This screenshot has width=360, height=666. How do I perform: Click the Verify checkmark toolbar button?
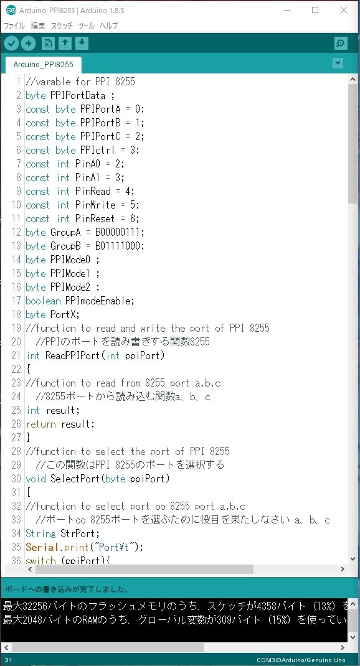11,43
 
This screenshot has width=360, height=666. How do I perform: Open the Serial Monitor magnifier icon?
341,43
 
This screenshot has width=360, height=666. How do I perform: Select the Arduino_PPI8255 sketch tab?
44,65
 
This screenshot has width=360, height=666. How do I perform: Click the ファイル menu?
14,26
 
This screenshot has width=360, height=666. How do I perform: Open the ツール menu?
87,26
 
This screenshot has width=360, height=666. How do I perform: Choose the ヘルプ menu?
109,26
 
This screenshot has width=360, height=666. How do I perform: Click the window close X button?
344,10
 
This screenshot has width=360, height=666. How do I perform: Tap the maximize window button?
315,10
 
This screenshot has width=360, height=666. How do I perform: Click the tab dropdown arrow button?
338,63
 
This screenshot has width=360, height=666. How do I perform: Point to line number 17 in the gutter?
16,301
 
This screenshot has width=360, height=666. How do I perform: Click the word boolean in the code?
44,301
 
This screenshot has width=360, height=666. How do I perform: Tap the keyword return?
41,424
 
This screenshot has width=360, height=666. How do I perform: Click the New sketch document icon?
48,43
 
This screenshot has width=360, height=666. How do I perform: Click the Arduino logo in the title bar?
11,10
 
